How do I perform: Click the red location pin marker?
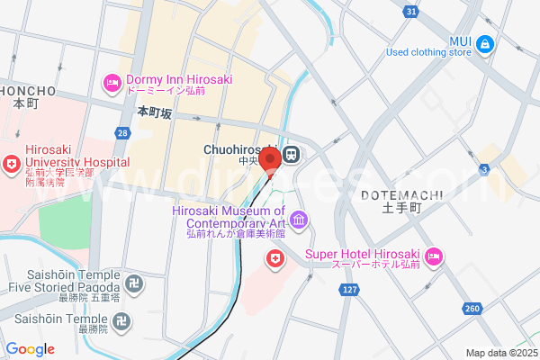(x=268, y=160)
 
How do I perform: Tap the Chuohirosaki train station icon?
(x=292, y=154)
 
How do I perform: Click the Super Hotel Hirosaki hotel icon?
(x=434, y=256)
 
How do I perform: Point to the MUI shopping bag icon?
(x=485, y=42)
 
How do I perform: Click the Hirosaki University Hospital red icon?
(x=12, y=165)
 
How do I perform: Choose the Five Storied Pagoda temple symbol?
(x=132, y=284)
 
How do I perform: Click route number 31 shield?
(x=411, y=11)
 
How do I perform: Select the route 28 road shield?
(x=122, y=134)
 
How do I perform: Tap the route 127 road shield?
(x=349, y=289)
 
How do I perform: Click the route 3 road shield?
(x=509, y=169)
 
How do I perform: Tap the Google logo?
(x=30, y=349)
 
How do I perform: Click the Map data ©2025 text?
(x=501, y=353)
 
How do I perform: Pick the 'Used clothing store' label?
(x=428, y=52)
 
